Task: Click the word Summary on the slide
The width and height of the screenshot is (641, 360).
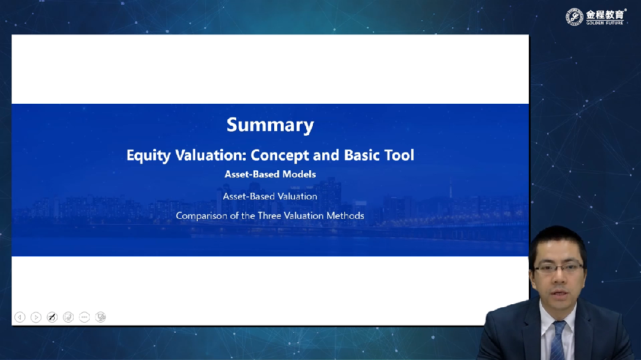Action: pyautogui.click(x=270, y=125)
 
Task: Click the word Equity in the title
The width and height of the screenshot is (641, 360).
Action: pyautogui.click(x=148, y=156)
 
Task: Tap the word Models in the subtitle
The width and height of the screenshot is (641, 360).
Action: pyautogui.click(x=299, y=174)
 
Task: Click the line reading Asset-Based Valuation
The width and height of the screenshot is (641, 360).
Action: pyautogui.click(x=270, y=196)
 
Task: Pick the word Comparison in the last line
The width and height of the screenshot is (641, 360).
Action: pyautogui.click(x=202, y=216)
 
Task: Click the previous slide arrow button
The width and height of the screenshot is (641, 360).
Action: pyautogui.click(x=20, y=317)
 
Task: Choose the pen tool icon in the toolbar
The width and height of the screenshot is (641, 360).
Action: pyautogui.click(x=52, y=317)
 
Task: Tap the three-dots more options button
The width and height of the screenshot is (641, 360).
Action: pyautogui.click(x=84, y=317)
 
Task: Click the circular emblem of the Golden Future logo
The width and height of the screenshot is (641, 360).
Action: pyautogui.click(x=575, y=17)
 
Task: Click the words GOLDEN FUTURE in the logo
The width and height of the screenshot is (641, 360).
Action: pyautogui.click(x=605, y=23)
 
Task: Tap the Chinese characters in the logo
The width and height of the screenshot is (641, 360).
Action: pyautogui.click(x=605, y=15)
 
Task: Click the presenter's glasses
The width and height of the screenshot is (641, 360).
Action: pyautogui.click(x=559, y=268)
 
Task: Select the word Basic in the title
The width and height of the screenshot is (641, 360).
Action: pyautogui.click(x=361, y=155)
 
